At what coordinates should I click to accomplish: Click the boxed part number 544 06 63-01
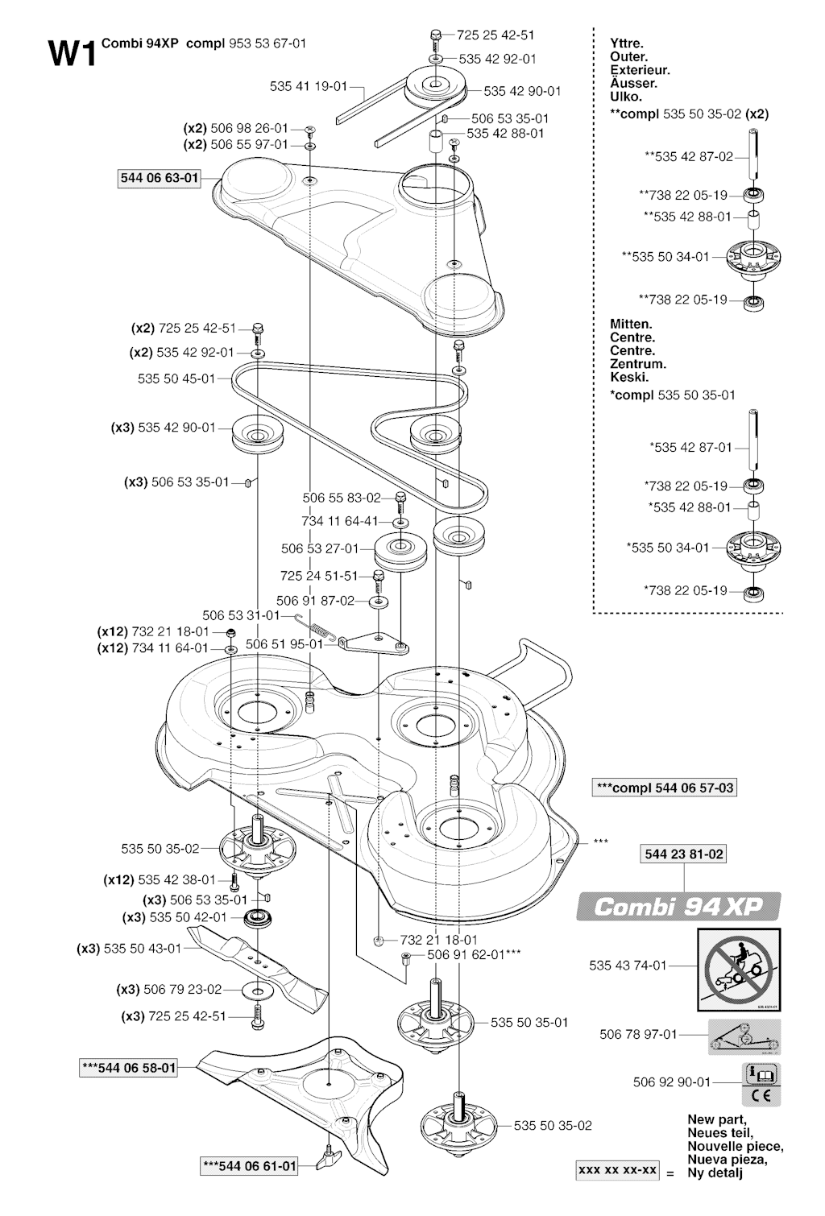coord(159,179)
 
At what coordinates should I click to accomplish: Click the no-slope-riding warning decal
coord(738,970)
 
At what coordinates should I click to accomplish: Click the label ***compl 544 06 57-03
coord(664,788)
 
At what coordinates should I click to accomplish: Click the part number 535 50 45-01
coord(176,378)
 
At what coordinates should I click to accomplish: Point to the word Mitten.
coord(631,325)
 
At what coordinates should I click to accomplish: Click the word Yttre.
coord(627,44)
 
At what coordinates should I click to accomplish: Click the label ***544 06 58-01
coord(129,1069)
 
